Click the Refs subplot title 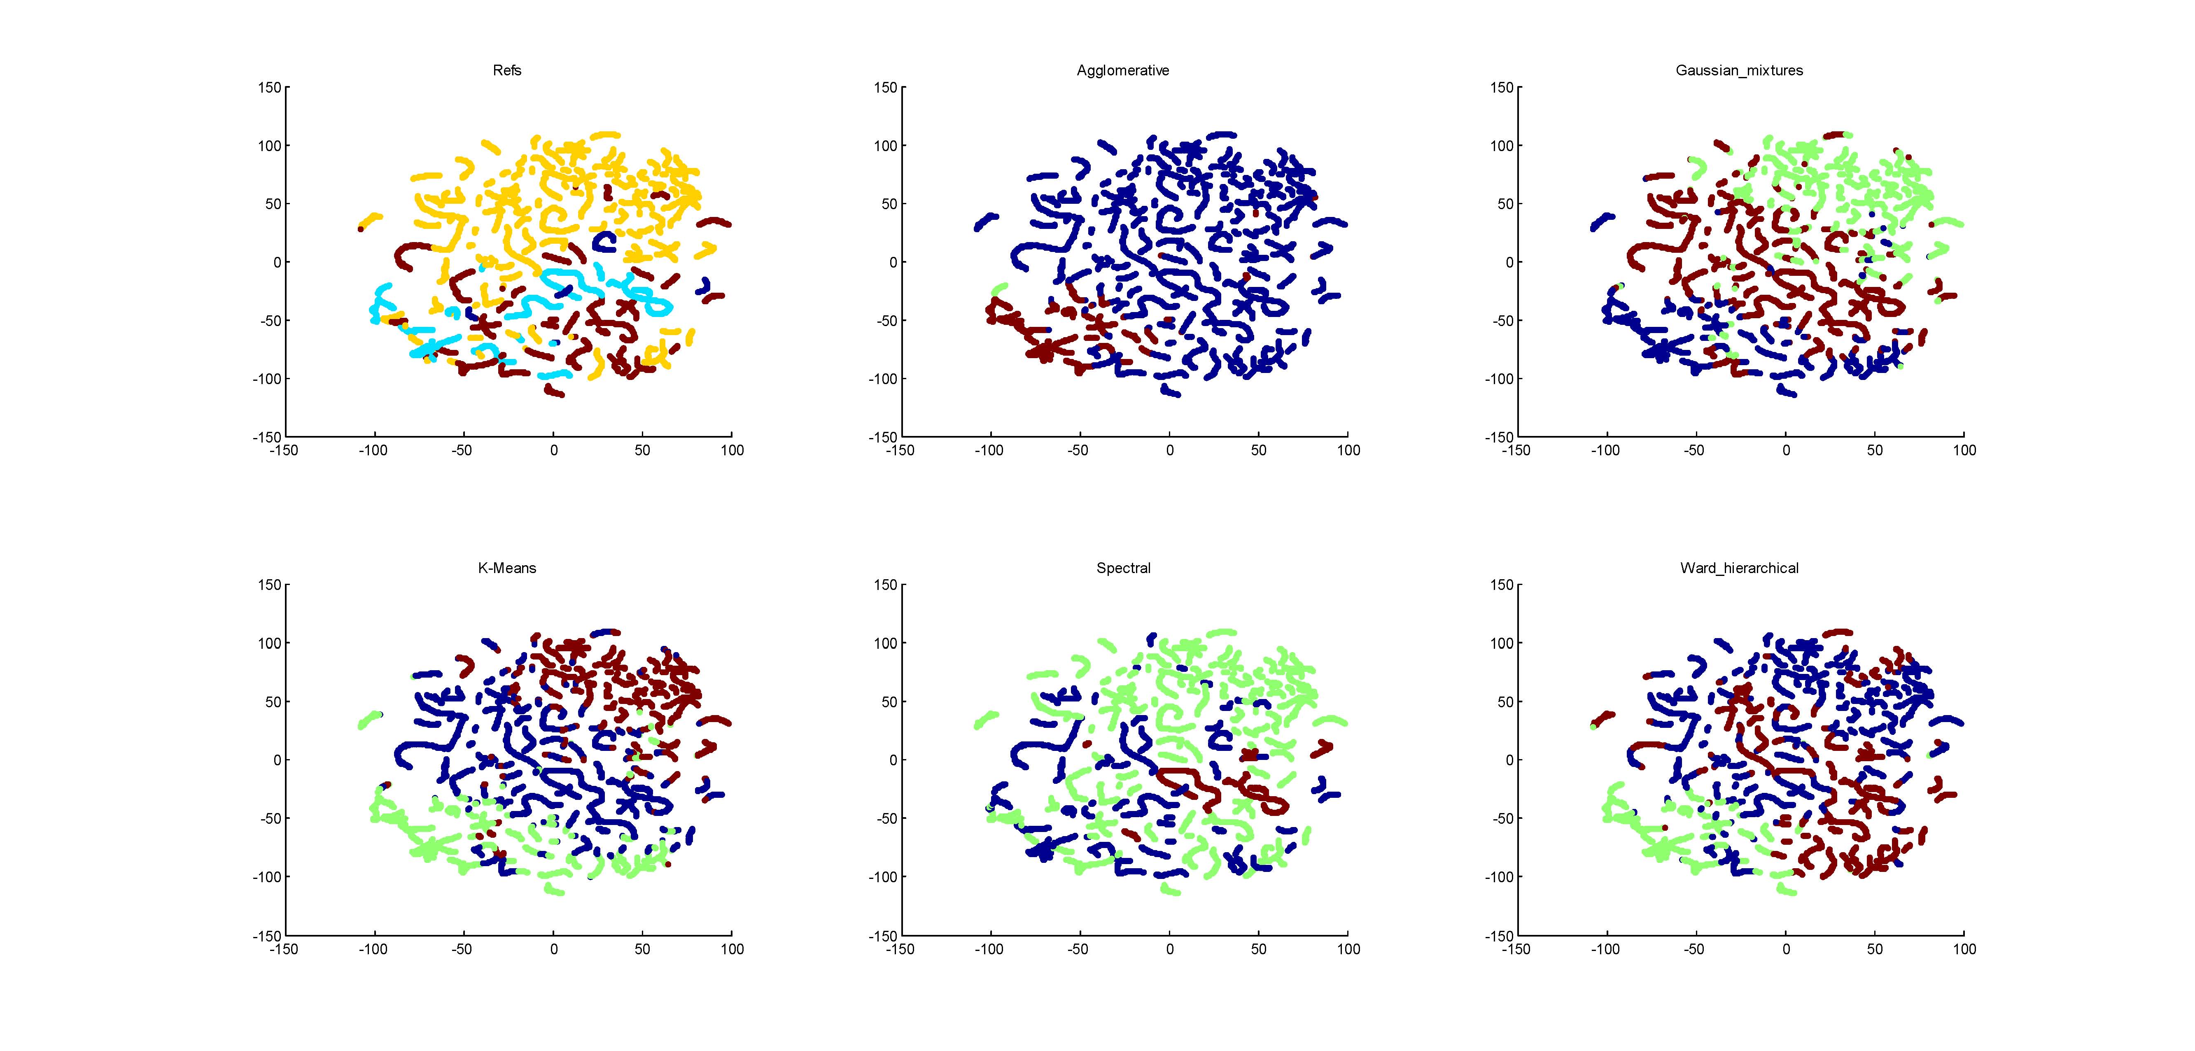coord(507,71)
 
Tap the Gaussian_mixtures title coord(1739,71)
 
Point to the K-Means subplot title coord(507,568)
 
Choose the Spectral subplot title coord(1123,568)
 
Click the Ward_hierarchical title coord(1739,568)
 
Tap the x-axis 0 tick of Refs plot coord(554,450)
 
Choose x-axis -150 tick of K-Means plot coord(284,949)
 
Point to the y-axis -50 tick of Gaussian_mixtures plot coord(1502,320)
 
